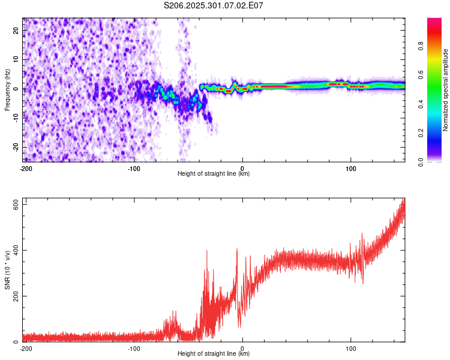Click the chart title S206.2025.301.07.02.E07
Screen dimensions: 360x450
pos(214,5)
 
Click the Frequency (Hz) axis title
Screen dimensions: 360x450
pos(7,89)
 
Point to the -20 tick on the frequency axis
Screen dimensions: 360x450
pos(16,148)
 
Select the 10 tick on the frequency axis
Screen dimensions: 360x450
pos(17,59)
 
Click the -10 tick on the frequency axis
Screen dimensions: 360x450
pos(16,118)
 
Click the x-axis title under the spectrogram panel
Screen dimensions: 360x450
pos(214,174)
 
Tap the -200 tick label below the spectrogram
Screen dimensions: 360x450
pos(26,168)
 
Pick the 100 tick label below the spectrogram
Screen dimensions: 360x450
pos(351,168)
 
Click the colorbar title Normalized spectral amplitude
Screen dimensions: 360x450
pos(446,90)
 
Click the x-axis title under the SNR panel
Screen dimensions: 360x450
pos(214,354)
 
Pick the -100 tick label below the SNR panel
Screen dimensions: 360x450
pos(134,348)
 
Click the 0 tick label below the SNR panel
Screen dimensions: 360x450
pos(242,348)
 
